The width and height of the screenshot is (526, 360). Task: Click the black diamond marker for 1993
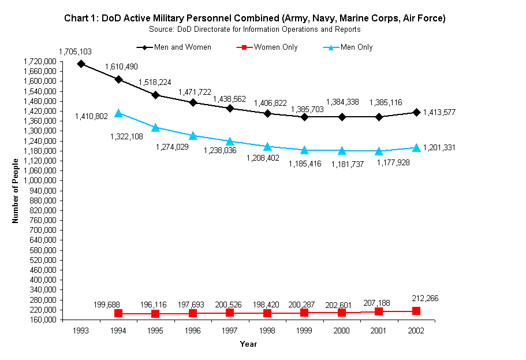click(81, 64)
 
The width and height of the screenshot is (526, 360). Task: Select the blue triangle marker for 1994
click(118, 113)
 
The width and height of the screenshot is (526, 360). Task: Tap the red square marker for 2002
click(416, 311)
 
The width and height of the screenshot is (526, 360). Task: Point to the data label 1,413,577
click(439, 113)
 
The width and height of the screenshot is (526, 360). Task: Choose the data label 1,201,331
click(439, 148)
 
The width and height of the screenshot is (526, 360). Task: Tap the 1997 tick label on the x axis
click(229, 331)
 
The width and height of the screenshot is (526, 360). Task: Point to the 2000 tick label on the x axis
click(341, 331)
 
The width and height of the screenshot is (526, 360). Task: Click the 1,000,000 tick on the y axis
click(41, 180)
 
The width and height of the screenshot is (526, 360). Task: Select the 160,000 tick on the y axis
click(41, 320)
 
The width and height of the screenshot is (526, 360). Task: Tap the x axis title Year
click(248, 344)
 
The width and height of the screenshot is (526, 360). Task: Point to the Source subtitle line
click(255, 29)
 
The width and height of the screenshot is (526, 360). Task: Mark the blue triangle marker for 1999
click(304, 150)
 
